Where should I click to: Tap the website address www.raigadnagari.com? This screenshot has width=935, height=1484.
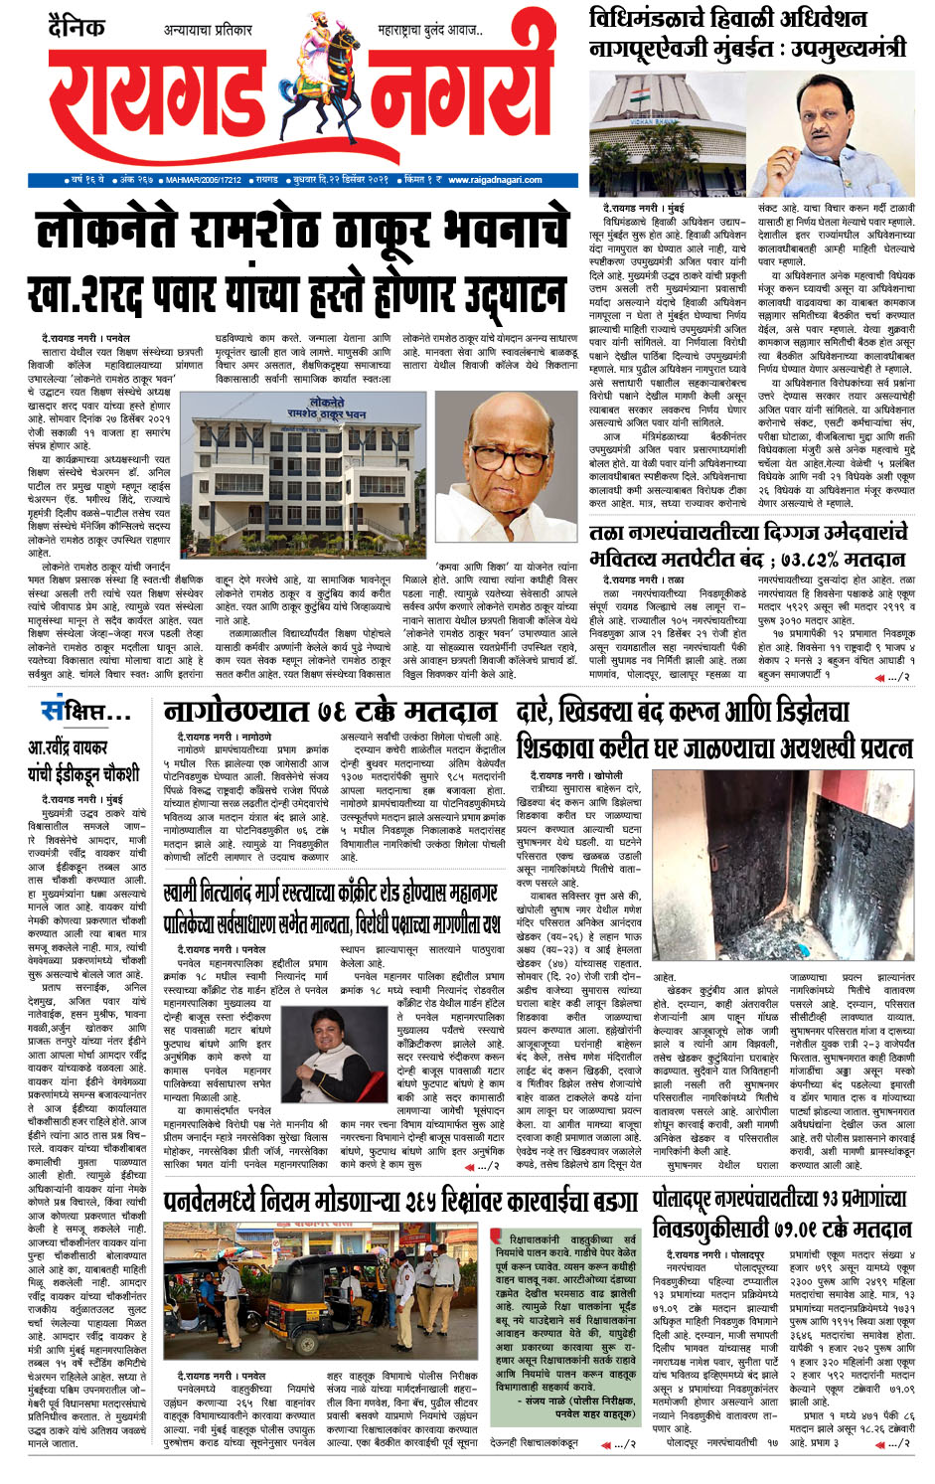pos(495,180)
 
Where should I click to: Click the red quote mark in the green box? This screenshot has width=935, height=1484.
pos(498,1237)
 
